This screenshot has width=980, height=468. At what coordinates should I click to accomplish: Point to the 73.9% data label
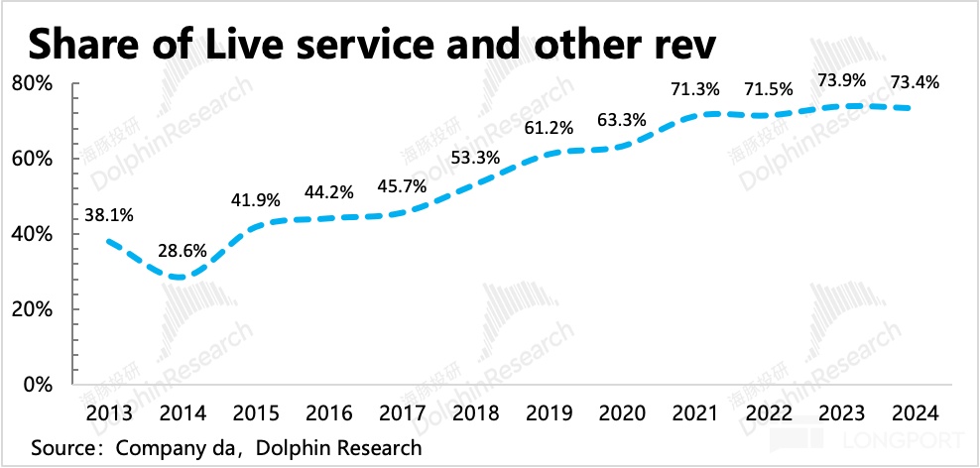(838, 79)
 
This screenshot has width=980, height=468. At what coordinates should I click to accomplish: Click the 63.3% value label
(622, 121)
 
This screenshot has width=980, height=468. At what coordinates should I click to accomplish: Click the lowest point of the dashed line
(179, 277)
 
